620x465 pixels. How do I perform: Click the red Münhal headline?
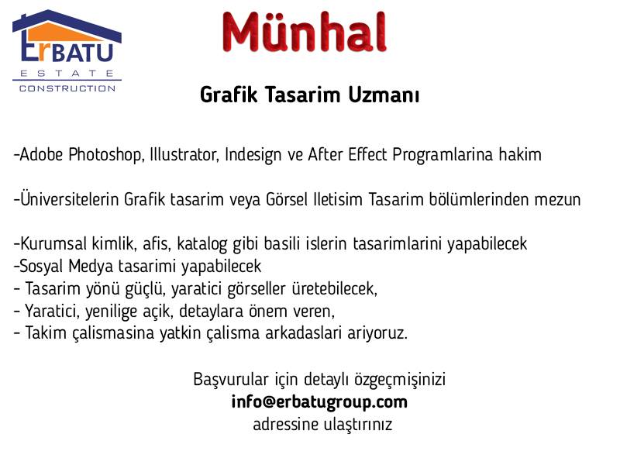click(x=304, y=32)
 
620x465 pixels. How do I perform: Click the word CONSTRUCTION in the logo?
click(x=67, y=88)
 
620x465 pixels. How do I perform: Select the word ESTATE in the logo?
click(x=67, y=74)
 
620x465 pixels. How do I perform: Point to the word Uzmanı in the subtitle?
click(x=384, y=95)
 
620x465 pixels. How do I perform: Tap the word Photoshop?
click(x=105, y=154)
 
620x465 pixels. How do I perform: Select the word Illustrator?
click(x=184, y=154)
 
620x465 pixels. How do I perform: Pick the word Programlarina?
click(x=443, y=155)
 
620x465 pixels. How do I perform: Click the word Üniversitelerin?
click(x=70, y=198)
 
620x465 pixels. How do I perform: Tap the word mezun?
click(x=557, y=200)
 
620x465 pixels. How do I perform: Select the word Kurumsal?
click(x=53, y=243)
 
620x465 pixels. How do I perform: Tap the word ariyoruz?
click(x=377, y=333)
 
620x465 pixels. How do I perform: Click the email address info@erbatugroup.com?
click(x=319, y=402)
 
